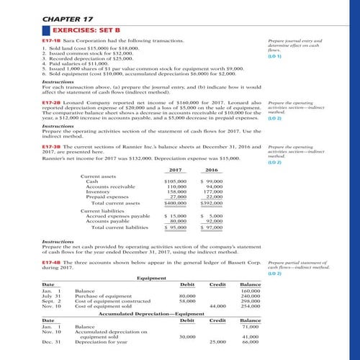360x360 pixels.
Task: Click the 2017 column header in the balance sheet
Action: (x=173, y=169)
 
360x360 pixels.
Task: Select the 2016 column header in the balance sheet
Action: (x=212, y=169)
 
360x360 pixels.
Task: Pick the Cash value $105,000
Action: (x=176, y=181)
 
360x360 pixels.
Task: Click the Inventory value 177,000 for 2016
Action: (x=215, y=192)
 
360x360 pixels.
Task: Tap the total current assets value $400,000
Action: (x=176, y=204)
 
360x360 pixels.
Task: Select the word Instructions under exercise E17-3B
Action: (x=40, y=240)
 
